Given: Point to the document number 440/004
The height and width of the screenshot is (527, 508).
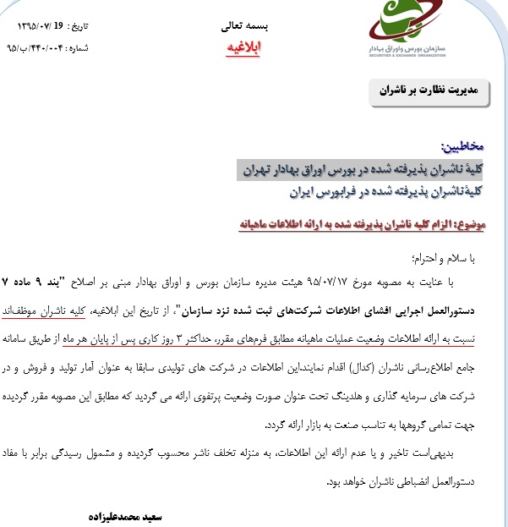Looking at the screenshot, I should pos(59,48).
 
